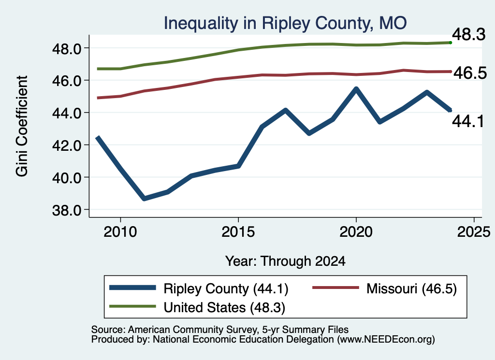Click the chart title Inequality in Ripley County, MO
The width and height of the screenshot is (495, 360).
pyautogui.click(x=285, y=24)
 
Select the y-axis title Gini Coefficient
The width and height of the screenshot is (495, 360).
pyautogui.click(x=22, y=126)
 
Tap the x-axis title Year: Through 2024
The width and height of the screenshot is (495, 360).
pyautogui.click(x=285, y=261)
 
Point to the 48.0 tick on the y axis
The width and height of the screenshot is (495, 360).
pyautogui.click(x=67, y=49)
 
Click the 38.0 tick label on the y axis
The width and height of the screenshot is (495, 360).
pyautogui.click(x=67, y=210)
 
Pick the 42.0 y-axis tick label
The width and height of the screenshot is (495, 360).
pyautogui.click(x=67, y=145)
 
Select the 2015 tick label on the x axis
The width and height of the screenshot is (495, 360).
pyautogui.click(x=238, y=232)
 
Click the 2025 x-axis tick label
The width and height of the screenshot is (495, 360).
pyautogui.click(x=474, y=232)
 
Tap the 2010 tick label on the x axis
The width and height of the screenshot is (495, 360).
pyautogui.click(x=120, y=232)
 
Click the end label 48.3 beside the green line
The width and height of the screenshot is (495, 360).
pyautogui.click(x=469, y=34)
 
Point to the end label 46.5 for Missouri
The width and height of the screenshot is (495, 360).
pyautogui.click(x=470, y=73)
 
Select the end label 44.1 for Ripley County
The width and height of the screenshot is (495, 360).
pyautogui.click(x=468, y=121)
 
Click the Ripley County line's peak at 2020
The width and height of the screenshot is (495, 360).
pyautogui.click(x=356, y=89)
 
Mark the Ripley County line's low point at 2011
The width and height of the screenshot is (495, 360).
pyautogui.click(x=144, y=199)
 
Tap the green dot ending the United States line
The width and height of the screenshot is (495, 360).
pyautogui.click(x=451, y=43)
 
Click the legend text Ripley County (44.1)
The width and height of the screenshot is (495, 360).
pyautogui.click(x=226, y=288)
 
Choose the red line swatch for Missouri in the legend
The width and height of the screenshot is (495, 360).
pyautogui.click(x=335, y=288)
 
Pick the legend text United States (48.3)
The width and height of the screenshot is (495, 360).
pyautogui.click(x=224, y=308)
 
